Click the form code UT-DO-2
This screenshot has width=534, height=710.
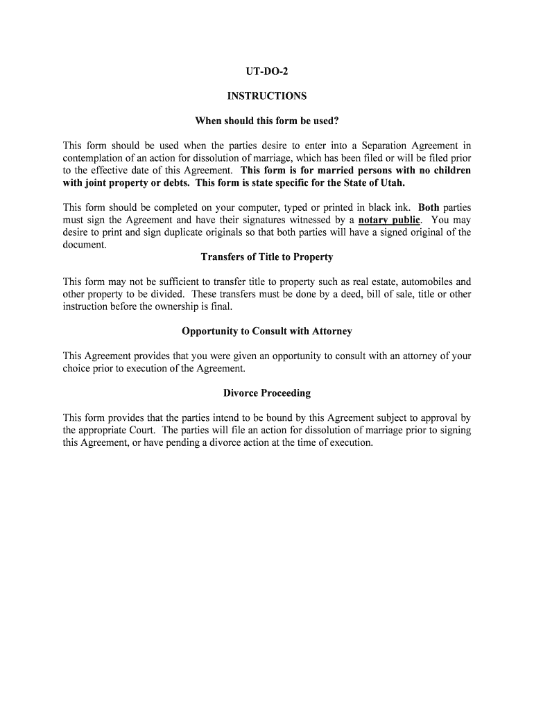click(266, 72)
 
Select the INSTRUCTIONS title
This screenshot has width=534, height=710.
click(266, 96)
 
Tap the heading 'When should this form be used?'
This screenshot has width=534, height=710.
click(266, 121)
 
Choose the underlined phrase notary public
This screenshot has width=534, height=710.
click(389, 220)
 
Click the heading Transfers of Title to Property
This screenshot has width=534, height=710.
click(266, 257)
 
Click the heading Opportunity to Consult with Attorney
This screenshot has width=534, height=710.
click(266, 331)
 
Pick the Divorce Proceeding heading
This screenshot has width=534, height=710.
click(266, 393)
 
